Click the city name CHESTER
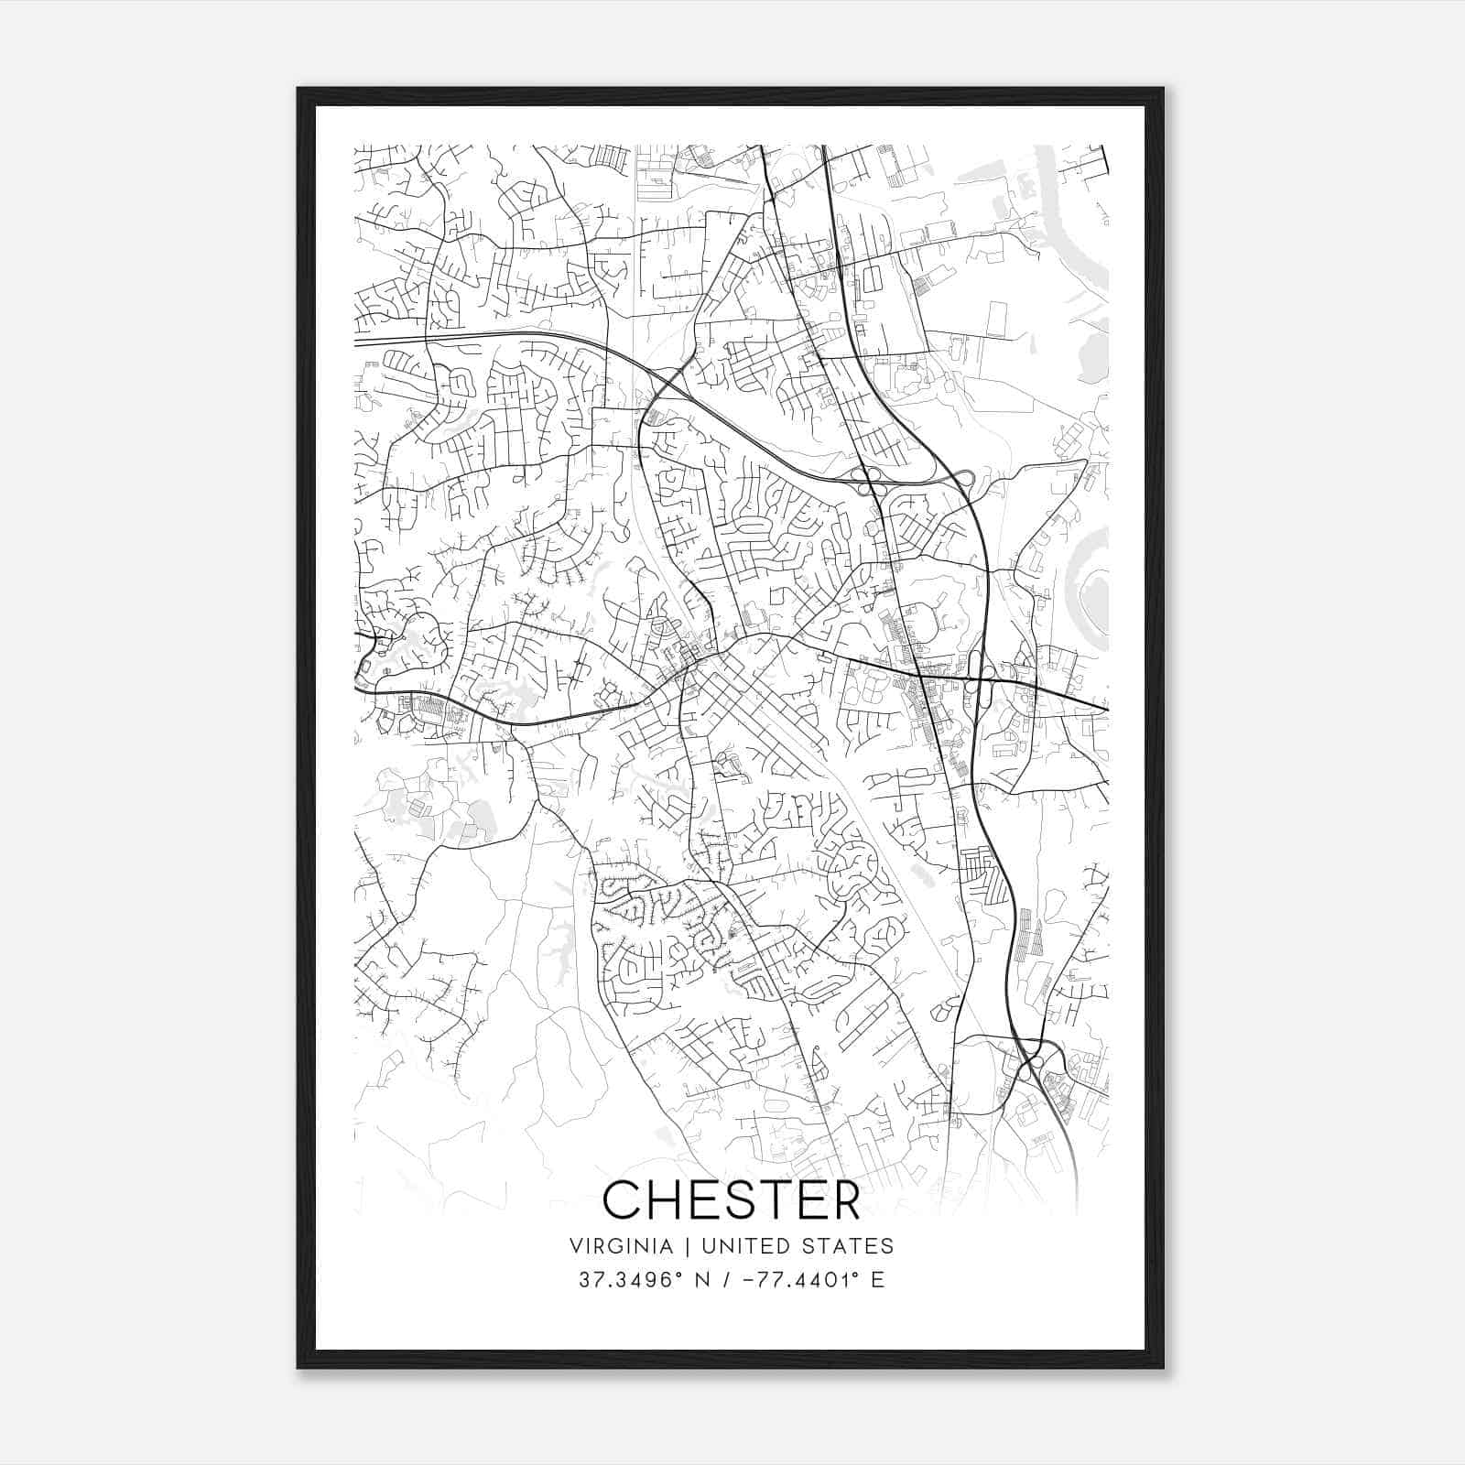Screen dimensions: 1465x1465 point(732,1199)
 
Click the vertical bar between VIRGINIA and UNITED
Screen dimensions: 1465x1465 point(673,1246)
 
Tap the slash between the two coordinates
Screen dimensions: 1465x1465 point(725,1280)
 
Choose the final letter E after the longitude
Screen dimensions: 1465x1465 point(878,1280)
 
